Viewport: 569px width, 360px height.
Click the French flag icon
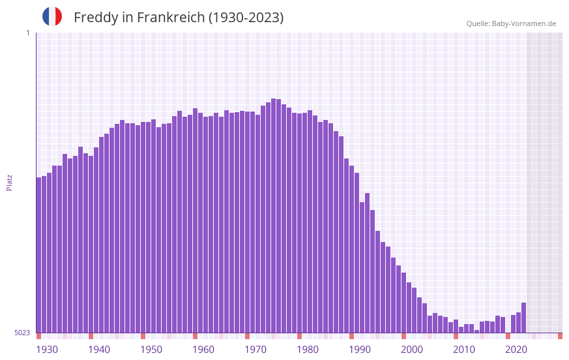click(52, 16)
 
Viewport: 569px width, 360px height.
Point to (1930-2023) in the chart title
click(246, 18)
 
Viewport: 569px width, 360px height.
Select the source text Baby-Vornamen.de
click(523, 23)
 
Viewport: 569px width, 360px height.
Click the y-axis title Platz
click(9, 182)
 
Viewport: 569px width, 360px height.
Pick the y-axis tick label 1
click(27, 33)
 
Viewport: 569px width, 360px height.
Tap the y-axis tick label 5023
click(22, 333)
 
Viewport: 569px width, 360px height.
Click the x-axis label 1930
click(47, 350)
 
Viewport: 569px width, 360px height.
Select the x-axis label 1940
click(99, 350)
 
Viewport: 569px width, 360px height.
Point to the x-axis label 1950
click(151, 350)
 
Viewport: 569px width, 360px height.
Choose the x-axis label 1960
click(203, 350)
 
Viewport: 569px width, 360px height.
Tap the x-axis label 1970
click(255, 350)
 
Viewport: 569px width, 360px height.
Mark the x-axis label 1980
click(308, 350)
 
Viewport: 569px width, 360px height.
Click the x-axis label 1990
click(360, 350)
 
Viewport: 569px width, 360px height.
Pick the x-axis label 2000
click(412, 350)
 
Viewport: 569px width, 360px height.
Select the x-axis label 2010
click(464, 350)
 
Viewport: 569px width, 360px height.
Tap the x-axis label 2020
click(516, 350)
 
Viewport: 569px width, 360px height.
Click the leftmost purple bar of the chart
click(39, 254)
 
